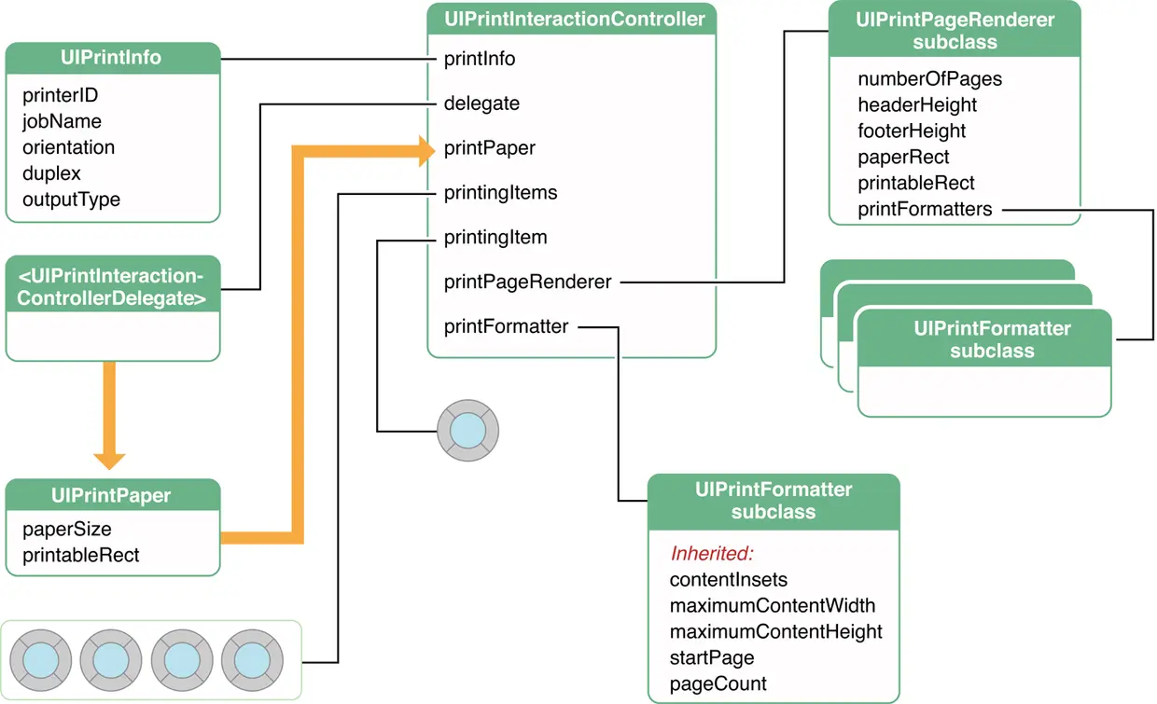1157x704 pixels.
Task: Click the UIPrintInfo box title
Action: pyautogui.click(x=111, y=58)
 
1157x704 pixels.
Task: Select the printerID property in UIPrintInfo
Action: pyautogui.click(x=60, y=95)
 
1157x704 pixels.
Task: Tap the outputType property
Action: pyautogui.click(x=71, y=200)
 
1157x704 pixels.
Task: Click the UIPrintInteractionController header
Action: pyautogui.click(x=571, y=19)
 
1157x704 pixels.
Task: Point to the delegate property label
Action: pyautogui.click(x=481, y=104)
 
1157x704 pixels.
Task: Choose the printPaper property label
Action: pyautogui.click(x=489, y=148)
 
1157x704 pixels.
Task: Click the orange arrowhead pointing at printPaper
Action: pyautogui.click(x=424, y=148)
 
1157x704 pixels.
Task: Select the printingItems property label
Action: pyautogui.click(x=500, y=193)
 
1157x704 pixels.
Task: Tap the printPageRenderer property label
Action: pyautogui.click(x=527, y=282)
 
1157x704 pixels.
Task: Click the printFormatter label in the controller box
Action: pyautogui.click(x=506, y=326)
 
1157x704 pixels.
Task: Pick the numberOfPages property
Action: pyautogui.click(x=929, y=79)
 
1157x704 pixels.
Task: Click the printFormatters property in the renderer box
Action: pyautogui.click(x=925, y=209)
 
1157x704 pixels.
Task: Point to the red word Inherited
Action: pyautogui.click(x=712, y=554)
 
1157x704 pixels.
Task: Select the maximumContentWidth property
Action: pyautogui.click(x=773, y=606)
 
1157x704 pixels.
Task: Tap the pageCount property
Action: pyautogui.click(x=718, y=683)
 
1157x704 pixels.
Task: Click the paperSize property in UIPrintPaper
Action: pyautogui.click(x=67, y=530)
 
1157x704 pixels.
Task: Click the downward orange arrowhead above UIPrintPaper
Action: pyautogui.click(x=109, y=459)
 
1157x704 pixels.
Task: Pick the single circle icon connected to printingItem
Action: pyautogui.click(x=467, y=431)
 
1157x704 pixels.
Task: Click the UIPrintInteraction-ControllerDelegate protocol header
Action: pyautogui.click(x=112, y=287)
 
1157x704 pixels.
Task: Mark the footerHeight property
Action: pyautogui.click(x=912, y=131)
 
